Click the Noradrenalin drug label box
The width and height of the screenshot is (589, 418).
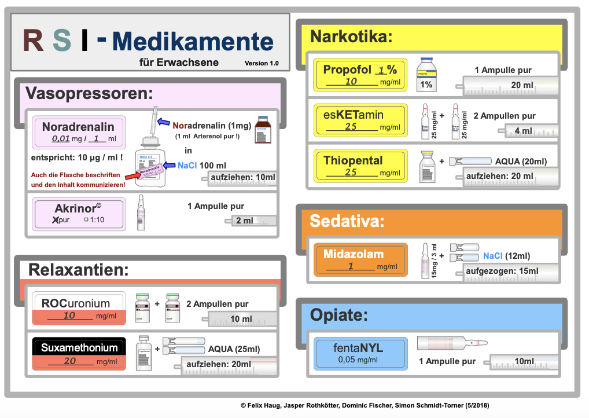pos(78,133)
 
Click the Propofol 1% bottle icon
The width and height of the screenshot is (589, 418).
pos(426,75)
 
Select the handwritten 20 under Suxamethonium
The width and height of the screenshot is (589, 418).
pos(70,361)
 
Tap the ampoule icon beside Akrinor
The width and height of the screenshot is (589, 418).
pos(140,214)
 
